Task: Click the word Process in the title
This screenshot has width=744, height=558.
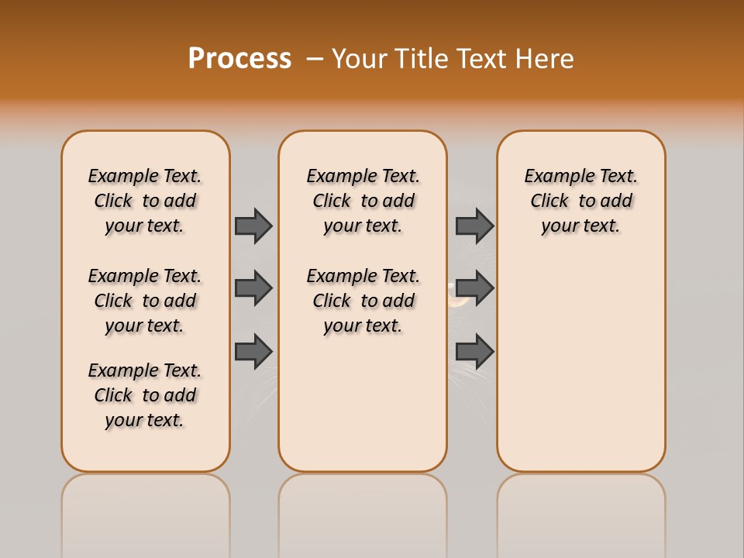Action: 239,58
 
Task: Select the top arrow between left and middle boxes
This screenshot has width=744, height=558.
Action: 253,226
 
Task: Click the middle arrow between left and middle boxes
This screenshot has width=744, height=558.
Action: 253,288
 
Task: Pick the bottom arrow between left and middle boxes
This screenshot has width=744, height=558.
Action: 253,352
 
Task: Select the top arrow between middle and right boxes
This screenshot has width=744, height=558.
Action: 474,226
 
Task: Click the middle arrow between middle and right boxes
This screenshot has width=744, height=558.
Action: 474,288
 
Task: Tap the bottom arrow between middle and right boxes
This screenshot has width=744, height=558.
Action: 474,352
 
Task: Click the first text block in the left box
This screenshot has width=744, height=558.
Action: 145,201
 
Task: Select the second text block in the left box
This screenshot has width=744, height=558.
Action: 145,301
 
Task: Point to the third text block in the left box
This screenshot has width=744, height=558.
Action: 145,395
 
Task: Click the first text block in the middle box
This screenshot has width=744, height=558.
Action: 363,201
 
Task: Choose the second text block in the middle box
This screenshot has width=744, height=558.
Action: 363,301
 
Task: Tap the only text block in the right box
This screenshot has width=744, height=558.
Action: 580,201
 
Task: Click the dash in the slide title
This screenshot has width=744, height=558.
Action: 315,58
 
